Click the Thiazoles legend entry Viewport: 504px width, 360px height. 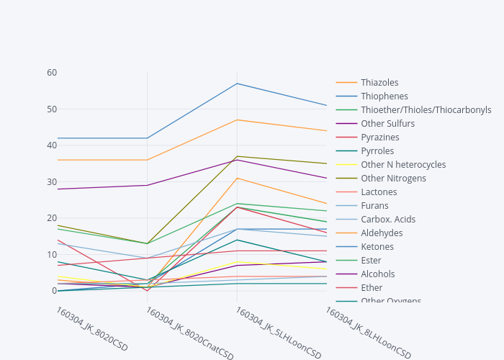[x=379, y=83]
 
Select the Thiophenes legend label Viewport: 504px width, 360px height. [x=384, y=96]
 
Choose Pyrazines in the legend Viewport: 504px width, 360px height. [x=379, y=138]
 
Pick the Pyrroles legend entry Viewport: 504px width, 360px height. [x=377, y=151]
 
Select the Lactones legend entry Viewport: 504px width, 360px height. [x=379, y=192]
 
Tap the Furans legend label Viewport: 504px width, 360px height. [x=374, y=206]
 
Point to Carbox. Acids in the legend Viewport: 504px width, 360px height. [x=388, y=220]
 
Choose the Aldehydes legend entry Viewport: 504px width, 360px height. [x=382, y=233]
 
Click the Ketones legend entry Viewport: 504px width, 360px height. [x=377, y=247]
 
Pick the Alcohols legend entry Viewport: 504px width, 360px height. [x=378, y=274]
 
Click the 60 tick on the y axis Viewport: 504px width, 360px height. [x=52, y=73]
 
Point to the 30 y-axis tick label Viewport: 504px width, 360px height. [x=52, y=181]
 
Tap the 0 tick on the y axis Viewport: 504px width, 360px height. [x=54, y=291]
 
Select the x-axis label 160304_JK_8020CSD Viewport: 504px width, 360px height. [x=91, y=329]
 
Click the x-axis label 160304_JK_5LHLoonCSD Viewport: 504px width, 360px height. [x=279, y=333]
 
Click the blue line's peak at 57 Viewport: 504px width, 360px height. [x=237, y=84]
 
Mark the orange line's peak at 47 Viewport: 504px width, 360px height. [x=237, y=120]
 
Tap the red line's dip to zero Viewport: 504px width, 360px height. [x=148, y=291]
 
